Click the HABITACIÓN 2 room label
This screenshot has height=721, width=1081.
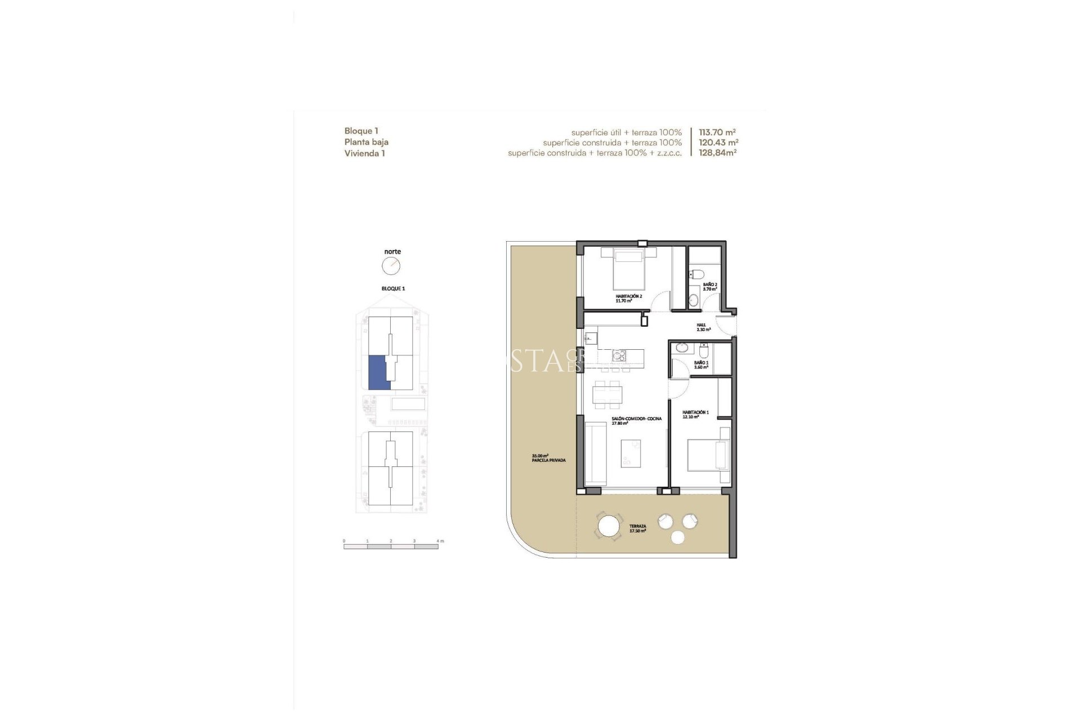(628, 298)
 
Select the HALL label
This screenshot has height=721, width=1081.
(703, 327)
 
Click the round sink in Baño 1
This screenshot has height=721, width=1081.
(680, 348)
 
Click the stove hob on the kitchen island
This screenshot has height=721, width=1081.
(618, 355)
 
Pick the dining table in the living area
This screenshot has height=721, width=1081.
(609, 394)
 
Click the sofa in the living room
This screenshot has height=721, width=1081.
(595, 453)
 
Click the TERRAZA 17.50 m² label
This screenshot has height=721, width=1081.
(637, 528)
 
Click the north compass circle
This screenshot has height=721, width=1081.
(391, 266)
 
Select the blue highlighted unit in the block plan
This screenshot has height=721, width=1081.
(377, 372)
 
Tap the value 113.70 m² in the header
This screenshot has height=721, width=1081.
(717, 132)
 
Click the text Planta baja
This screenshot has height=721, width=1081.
(366, 142)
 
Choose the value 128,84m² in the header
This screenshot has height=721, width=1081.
(717, 153)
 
